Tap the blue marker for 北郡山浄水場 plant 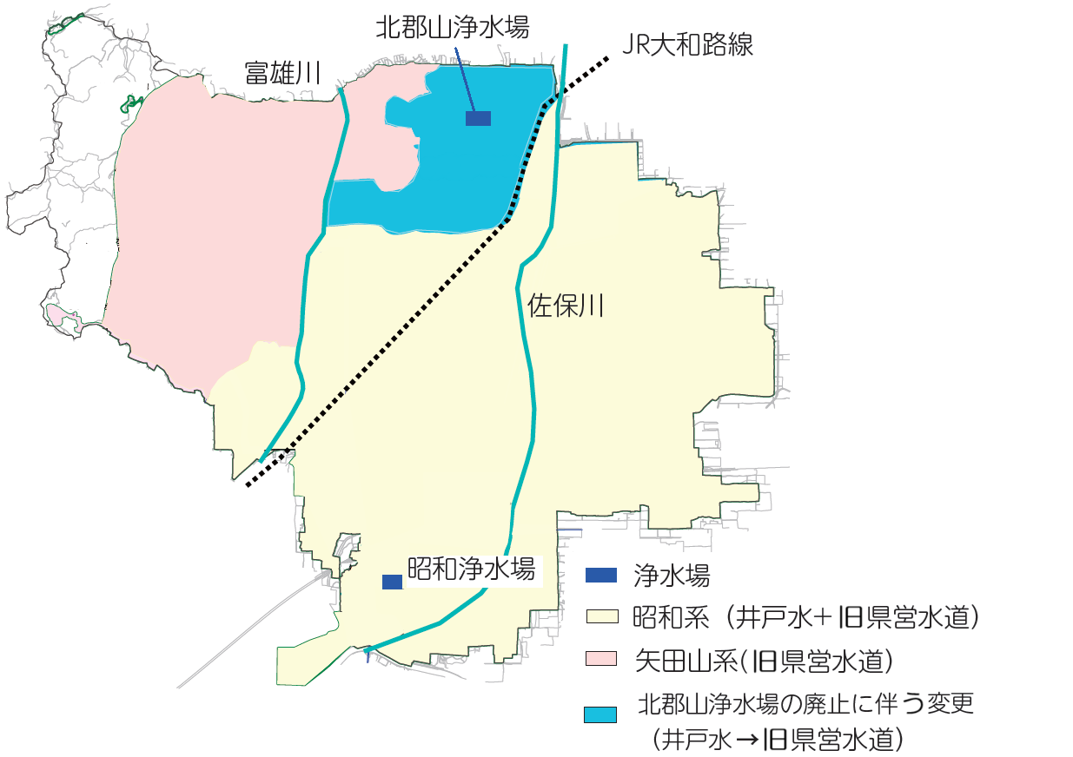pyautogui.click(x=478, y=118)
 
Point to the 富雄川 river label pyautogui.click(x=282, y=74)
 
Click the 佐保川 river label pyautogui.click(x=566, y=305)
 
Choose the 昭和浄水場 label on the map pyautogui.click(x=470, y=570)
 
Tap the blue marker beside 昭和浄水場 pyautogui.click(x=392, y=582)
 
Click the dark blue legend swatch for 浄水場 pyautogui.click(x=600, y=575)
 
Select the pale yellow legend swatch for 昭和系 pyautogui.click(x=600, y=617)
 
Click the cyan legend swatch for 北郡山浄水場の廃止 pyautogui.click(x=600, y=714)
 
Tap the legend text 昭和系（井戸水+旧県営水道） pyautogui.click(x=807, y=617)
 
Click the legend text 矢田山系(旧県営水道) pyautogui.click(x=764, y=661)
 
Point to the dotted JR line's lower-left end pyautogui.click(x=248, y=484)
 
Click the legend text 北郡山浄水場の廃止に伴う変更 pyautogui.click(x=805, y=703)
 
